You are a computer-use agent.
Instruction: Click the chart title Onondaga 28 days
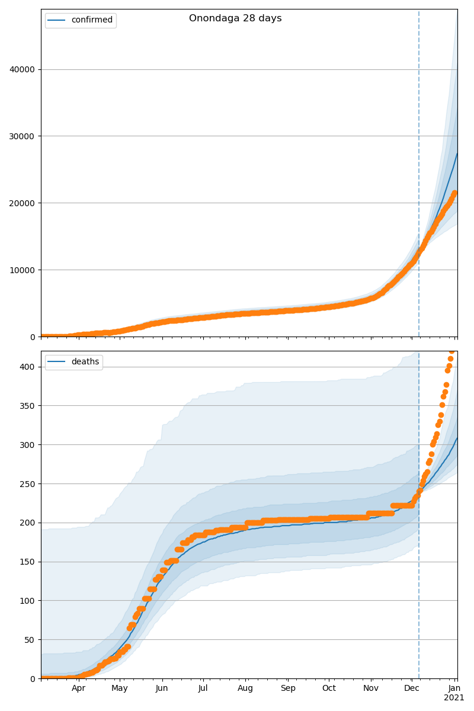click(x=235, y=18)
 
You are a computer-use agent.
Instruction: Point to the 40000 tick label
click(x=22, y=69)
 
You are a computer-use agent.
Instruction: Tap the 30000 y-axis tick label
click(x=22, y=136)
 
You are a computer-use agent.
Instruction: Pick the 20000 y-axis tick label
click(x=22, y=203)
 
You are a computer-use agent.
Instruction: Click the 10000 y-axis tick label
click(x=22, y=270)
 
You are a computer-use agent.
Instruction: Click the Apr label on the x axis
click(x=79, y=688)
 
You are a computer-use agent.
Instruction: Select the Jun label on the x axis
click(x=162, y=688)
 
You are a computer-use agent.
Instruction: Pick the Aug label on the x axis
click(x=245, y=688)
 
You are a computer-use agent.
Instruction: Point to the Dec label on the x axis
click(x=412, y=688)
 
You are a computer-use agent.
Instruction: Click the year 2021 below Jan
click(x=454, y=698)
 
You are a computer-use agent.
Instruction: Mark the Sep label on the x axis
click(x=288, y=688)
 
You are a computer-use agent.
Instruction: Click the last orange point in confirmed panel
click(x=454, y=193)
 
